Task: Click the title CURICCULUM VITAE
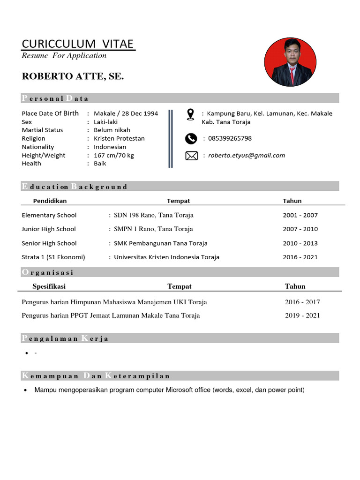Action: coord(78,44)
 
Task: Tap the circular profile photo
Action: coord(291,62)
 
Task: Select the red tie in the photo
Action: coord(292,75)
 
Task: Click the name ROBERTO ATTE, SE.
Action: coord(73,76)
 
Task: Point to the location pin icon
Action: coord(190,114)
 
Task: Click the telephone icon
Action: coord(191,138)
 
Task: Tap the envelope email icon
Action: coord(191,156)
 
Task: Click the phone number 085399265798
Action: coord(230,138)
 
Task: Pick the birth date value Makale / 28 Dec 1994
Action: coord(126,113)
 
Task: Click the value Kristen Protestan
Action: coord(119,139)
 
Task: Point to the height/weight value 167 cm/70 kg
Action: coord(114,156)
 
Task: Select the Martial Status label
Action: coord(42,130)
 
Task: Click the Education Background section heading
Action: coord(75,187)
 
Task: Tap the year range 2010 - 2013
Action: coord(300,243)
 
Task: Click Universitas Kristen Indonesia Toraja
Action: coord(166,257)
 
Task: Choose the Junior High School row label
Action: coord(49,229)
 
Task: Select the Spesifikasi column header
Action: coord(49,286)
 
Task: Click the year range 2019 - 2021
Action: coord(302,315)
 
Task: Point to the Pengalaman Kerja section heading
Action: coord(65,338)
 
